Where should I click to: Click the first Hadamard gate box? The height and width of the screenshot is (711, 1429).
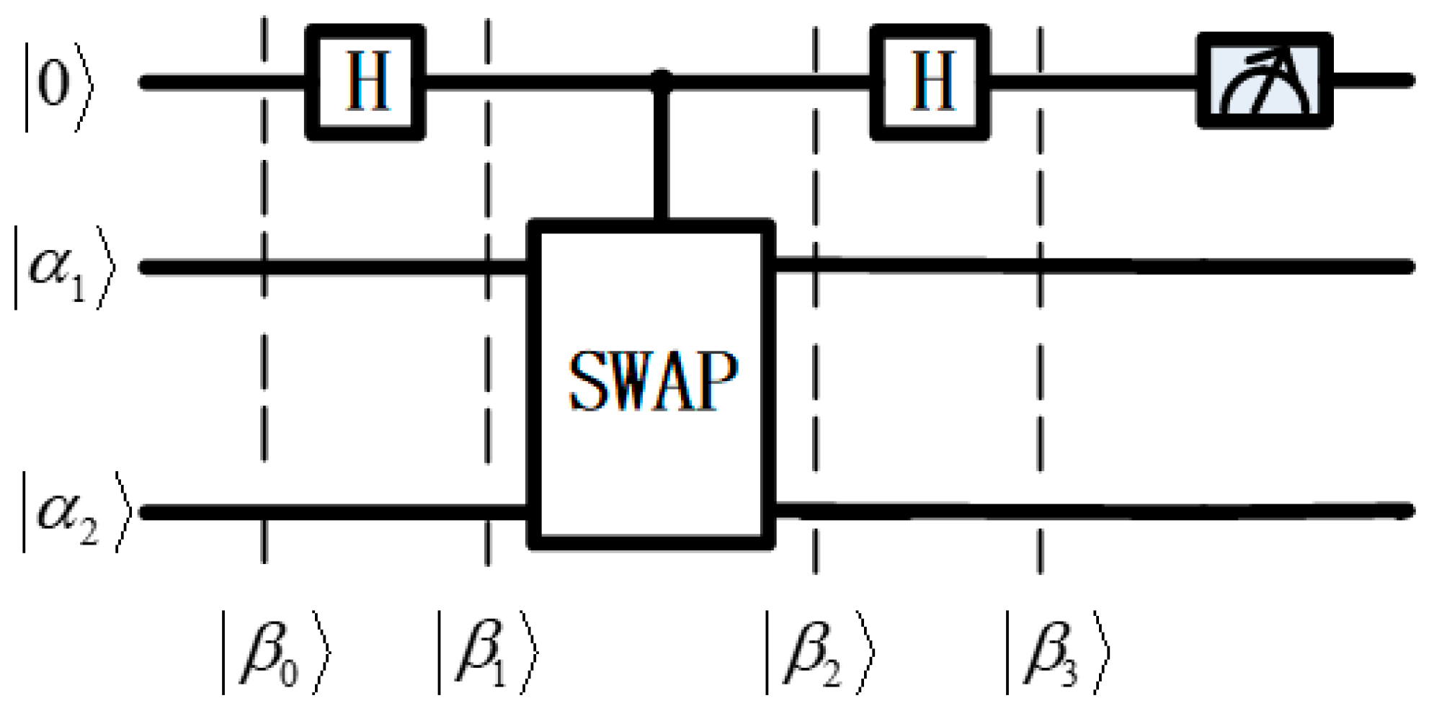coord(365,82)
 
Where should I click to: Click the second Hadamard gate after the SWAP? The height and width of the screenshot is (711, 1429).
coord(930,82)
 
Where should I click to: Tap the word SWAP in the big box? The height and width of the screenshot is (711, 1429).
coord(654,381)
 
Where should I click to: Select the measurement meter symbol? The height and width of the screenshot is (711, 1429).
coord(1265,81)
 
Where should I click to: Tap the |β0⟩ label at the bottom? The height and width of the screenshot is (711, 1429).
coord(276,653)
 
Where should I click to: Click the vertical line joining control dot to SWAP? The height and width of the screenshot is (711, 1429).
coord(662,151)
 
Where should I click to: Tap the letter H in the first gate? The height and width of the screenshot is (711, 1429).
coord(368,81)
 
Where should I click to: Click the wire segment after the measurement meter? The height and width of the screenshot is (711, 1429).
coord(1373,80)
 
